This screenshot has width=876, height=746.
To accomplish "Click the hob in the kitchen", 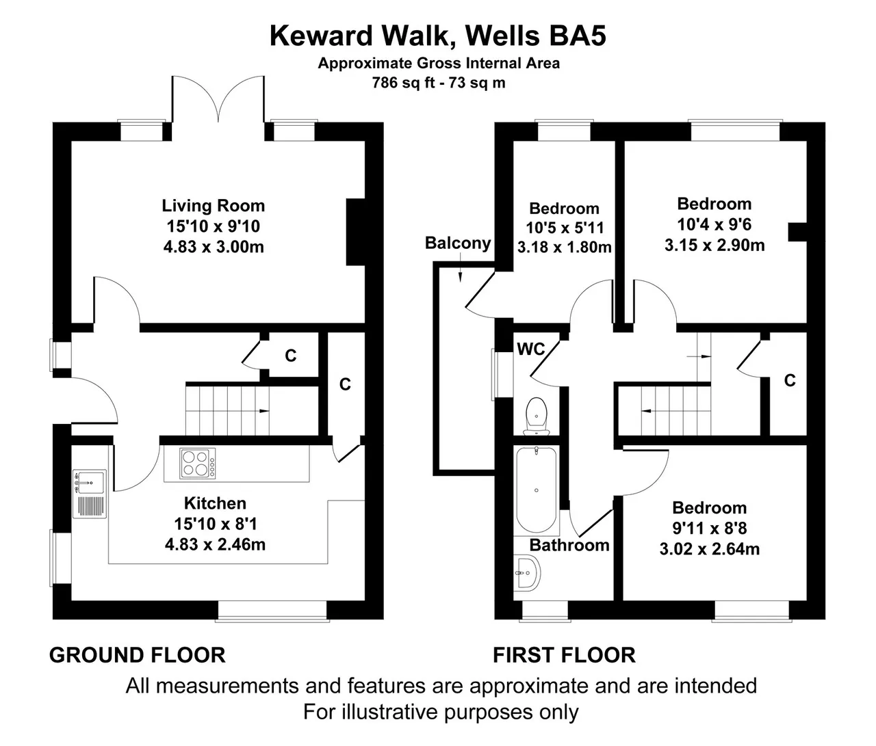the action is pos(197,464).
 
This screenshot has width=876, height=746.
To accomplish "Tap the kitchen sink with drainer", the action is pos(90,494).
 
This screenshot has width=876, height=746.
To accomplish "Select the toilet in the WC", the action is pos(536,416).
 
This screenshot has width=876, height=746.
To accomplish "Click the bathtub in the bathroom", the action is pos(536,490).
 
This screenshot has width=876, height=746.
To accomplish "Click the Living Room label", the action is pos(213,206).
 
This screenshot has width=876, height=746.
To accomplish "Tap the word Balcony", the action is pos(458,243).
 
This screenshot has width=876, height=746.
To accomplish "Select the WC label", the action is pos(530,349).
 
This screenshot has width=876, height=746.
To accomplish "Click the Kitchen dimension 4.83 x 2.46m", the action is pos(216,544).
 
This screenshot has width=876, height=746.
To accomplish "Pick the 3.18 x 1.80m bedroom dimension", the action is pos(564,247).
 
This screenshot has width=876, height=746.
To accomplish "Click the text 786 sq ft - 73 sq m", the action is pos(439,83).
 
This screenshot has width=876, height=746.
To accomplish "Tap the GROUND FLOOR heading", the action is pos(138,655).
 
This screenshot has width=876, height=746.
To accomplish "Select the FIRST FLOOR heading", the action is pos(564,655).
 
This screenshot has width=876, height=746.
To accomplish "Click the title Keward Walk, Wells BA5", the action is pos(438,36).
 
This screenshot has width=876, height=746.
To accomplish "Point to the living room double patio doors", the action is pos(218,100).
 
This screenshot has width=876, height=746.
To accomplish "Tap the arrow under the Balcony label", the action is pos(461,267).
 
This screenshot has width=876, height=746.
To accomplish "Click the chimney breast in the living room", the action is pos(356,232).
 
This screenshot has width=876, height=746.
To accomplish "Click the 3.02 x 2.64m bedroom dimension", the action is pos(710,549).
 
